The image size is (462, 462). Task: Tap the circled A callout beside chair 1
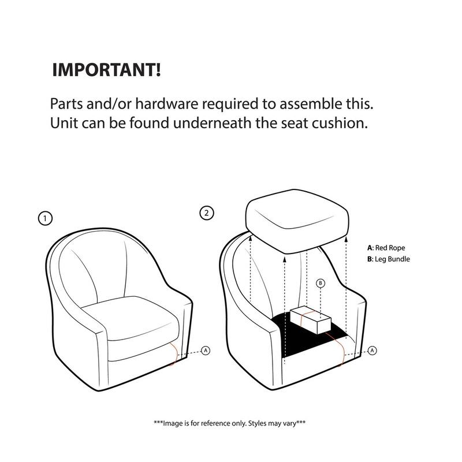(x=206, y=351)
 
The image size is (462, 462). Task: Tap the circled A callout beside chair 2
(x=372, y=350)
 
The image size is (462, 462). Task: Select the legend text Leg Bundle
(x=393, y=259)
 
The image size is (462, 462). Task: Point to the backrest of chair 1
(x=115, y=266)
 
